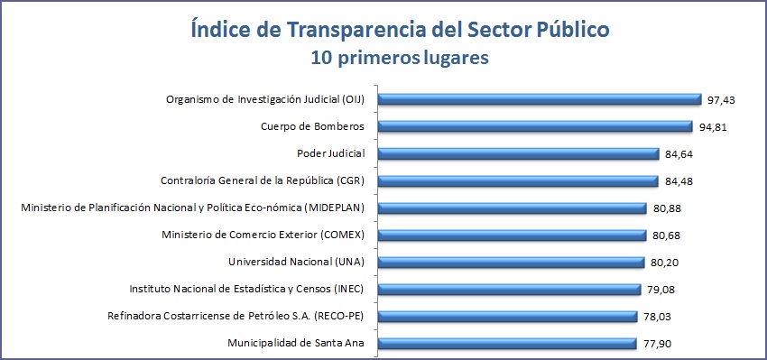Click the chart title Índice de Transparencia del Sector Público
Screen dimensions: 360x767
pyautogui.click(x=387, y=30)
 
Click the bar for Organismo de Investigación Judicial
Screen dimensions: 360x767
pyautogui.click(x=539, y=99)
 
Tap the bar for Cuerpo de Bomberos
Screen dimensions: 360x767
pyautogui.click(x=533, y=126)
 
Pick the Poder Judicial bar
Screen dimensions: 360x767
pyautogui.click(x=518, y=153)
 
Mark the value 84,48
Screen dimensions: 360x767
pyautogui.click(x=678, y=181)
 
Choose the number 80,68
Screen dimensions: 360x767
pyautogui.click(x=667, y=235)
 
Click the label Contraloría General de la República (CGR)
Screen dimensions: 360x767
pyautogui.click(x=261, y=180)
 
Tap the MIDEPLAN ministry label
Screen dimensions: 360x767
pyautogui.click(x=192, y=208)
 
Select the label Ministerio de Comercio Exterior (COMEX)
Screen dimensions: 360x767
pyautogui.click(x=262, y=235)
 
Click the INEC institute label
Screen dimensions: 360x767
pyautogui.click(x=247, y=289)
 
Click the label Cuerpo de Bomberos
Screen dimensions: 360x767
pyautogui.click(x=311, y=126)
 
